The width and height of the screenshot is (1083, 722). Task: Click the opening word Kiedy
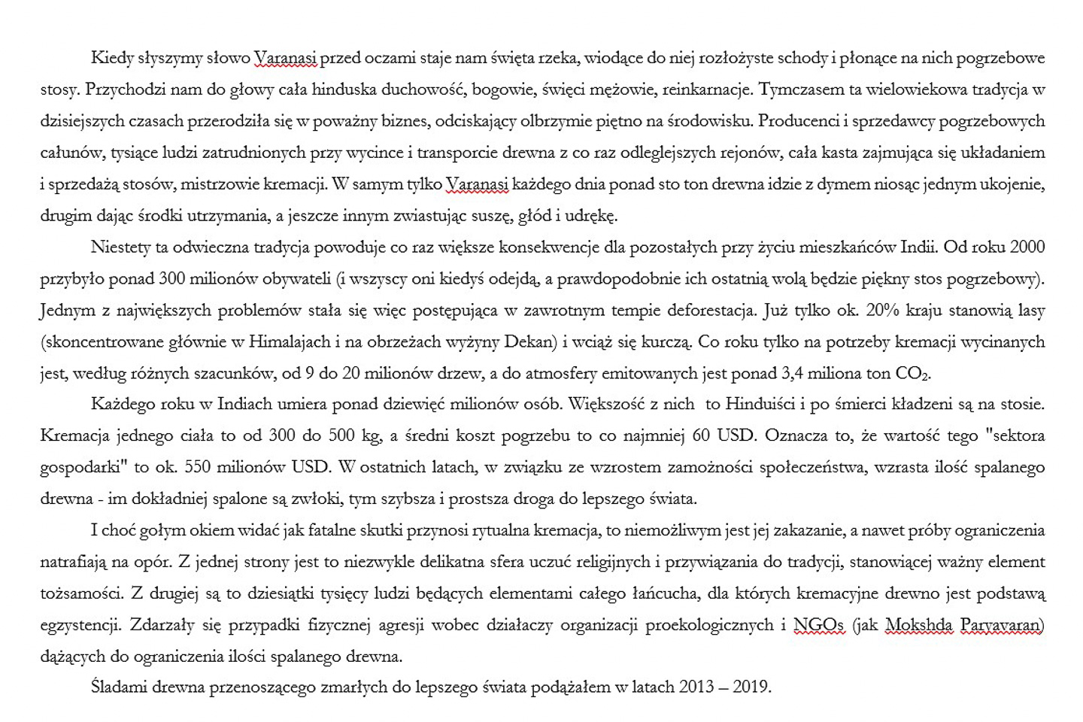coord(110,58)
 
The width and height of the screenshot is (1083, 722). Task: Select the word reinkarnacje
coord(706,89)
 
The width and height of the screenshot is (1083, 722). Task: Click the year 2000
coord(1027,247)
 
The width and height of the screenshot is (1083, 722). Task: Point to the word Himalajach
coord(290,342)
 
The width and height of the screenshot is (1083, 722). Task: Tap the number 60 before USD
coord(702,436)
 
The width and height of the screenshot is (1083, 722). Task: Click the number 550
coord(198,468)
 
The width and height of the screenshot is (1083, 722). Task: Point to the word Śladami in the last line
coord(117,687)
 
